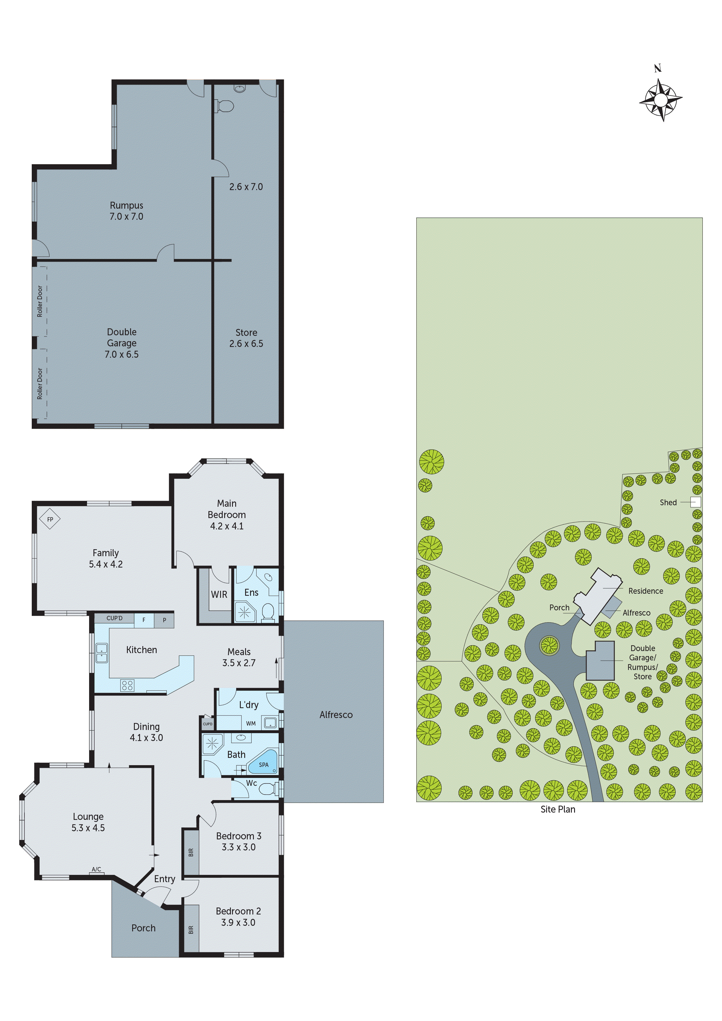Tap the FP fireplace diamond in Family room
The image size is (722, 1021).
(50, 519)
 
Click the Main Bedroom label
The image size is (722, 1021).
(226, 509)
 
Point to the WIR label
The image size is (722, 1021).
(219, 595)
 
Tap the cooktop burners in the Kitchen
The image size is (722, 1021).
(127, 685)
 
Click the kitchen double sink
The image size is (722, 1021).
(101, 652)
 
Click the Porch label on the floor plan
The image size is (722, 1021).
(143, 928)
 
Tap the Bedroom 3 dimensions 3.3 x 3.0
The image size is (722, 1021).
(238, 847)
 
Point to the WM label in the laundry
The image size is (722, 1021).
(251, 724)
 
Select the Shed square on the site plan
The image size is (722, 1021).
(696, 502)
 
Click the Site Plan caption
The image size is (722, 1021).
(558, 809)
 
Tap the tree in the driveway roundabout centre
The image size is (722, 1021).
(549, 644)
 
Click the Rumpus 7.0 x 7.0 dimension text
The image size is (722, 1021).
(126, 217)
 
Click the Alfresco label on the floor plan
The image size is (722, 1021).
(336, 715)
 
